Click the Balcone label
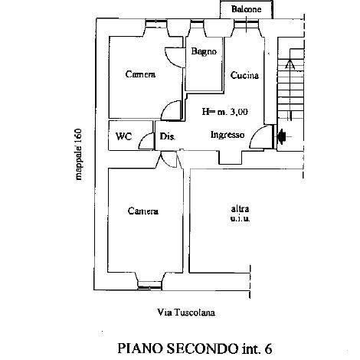coord(246,9)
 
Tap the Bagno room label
coord(204,51)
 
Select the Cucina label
coord(244,75)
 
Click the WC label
coord(124,136)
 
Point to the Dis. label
coord(167,136)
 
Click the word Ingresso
coord(227,135)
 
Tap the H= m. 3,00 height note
coord(225,112)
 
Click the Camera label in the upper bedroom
coord(140,74)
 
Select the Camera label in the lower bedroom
coord(143,211)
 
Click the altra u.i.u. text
coord(240,214)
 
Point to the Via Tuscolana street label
coord(186,313)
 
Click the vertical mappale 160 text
coord(79,155)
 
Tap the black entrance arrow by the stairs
coord(283,136)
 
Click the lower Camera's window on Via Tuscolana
coord(150,286)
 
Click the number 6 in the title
coord(268,349)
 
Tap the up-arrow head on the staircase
coord(290,64)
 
